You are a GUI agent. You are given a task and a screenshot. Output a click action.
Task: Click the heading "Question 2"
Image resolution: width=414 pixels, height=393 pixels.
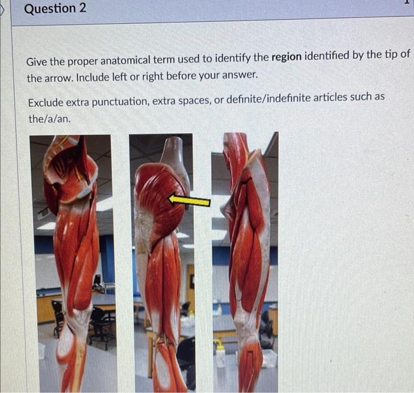(x=55, y=8)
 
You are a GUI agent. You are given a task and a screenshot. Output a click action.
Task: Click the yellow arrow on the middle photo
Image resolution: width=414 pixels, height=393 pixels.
(x=189, y=200)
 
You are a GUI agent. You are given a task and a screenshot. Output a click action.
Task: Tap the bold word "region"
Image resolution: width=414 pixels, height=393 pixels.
(x=286, y=56)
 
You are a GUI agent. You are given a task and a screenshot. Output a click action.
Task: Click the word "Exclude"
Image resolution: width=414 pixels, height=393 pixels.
(x=46, y=102)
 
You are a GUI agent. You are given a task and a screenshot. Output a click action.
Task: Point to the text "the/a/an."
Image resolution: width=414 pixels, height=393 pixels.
(x=50, y=119)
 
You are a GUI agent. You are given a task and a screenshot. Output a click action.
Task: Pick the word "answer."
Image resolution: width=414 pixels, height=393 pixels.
(x=240, y=75)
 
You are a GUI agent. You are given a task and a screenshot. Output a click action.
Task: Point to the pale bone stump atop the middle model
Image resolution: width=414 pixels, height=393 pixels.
(x=175, y=156)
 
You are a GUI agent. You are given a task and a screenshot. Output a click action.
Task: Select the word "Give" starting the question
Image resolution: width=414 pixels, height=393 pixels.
(x=37, y=62)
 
